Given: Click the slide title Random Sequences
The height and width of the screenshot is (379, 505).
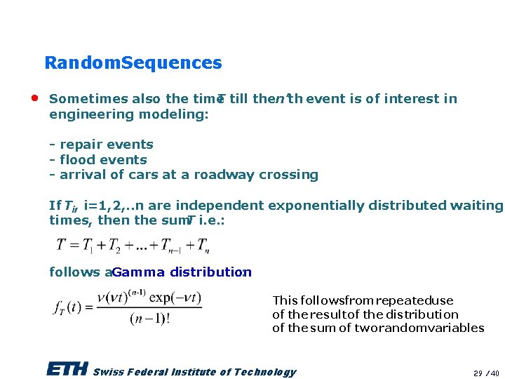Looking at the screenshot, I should (x=133, y=62).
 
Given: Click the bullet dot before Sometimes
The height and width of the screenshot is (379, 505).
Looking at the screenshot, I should (x=34, y=98).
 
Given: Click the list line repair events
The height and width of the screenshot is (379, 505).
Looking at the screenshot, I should (x=101, y=145).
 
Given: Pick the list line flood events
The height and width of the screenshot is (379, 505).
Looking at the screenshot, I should (x=97, y=160).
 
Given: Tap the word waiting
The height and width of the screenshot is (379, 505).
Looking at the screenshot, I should (x=477, y=206).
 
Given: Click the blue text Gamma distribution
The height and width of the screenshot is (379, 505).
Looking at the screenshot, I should (x=181, y=272).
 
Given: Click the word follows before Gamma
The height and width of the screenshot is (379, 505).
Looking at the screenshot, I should (x=74, y=272).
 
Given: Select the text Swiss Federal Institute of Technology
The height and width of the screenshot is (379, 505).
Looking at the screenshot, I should (x=194, y=372).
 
